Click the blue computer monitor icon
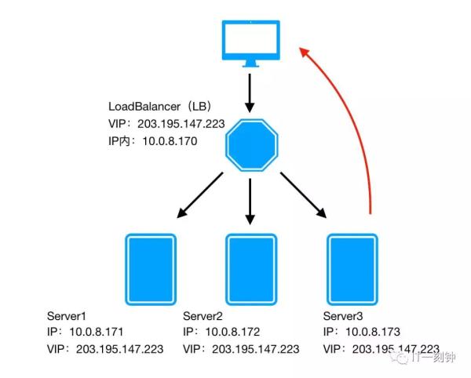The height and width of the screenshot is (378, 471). (250, 44)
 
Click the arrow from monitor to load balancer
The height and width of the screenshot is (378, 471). (250, 93)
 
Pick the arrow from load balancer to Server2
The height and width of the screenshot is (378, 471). (250, 201)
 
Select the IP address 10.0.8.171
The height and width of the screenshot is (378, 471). (97, 332)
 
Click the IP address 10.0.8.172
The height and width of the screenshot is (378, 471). (232, 332)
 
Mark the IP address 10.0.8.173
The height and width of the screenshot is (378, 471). (374, 332)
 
